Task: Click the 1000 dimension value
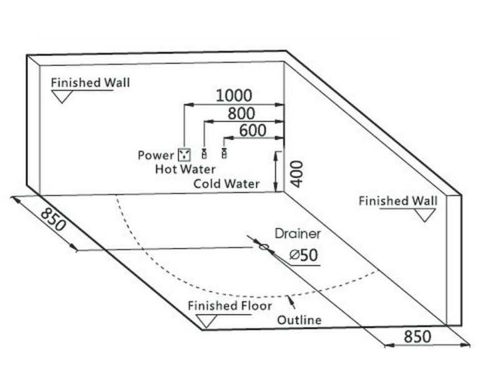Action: coord(234,95)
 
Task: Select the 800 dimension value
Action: coord(241,113)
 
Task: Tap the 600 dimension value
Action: coord(253,130)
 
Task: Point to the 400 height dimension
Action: coord(296,174)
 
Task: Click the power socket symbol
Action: coord(184,154)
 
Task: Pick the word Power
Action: coord(156,155)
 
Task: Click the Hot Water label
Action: coord(185,169)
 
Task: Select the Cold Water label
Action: coord(226,184)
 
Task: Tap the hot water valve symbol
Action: coord(204,153)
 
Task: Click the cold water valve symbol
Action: coord(225,153)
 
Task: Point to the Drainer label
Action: coord(298,234)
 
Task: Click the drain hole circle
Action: coord(264,247)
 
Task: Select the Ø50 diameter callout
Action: coord(304,255)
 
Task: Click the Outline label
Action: coord(299,320)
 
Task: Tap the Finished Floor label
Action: coord(230,306)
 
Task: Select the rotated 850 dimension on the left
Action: coord(53,219)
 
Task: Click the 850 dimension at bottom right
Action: coord(417,336)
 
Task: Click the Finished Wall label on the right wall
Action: coord(398,201)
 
